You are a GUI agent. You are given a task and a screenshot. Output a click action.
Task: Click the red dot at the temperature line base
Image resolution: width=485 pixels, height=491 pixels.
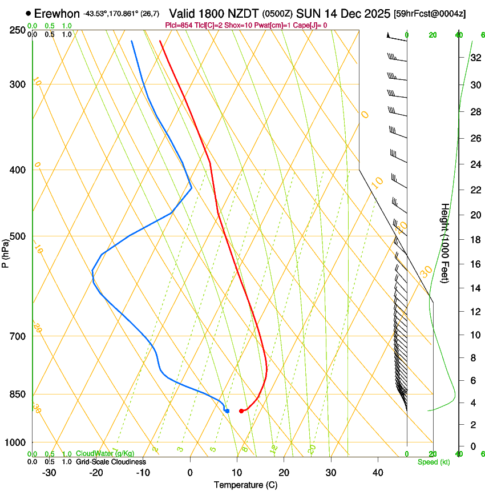[241, 411]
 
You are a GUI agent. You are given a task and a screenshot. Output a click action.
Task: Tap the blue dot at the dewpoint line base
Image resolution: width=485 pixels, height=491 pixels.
[227, 411]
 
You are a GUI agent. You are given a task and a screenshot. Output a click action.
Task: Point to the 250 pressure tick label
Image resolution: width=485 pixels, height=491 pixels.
[17, 30]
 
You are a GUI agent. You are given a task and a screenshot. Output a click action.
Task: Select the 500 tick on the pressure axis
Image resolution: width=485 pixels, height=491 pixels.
[17, 236]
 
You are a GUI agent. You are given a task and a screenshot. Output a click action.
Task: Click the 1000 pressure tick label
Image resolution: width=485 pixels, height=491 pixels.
[15, 442]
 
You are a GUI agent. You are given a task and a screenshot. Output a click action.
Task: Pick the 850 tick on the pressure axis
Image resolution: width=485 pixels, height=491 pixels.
[17, 394]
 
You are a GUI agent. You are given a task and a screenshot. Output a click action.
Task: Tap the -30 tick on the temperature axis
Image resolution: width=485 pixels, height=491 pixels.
[49, 473]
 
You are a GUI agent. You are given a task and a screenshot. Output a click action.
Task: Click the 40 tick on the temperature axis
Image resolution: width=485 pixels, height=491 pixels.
[378, 473]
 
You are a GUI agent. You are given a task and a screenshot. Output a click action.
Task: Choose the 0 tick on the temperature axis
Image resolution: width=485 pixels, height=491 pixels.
[190, 473]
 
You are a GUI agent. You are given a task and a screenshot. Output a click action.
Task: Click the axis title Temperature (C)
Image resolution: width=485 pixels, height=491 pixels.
[245, 485]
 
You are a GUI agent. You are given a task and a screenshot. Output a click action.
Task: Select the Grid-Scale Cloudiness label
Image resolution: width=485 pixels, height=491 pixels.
[111, 461]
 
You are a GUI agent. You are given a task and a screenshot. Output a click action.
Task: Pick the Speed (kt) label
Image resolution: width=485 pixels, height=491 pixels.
[433, 462]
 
